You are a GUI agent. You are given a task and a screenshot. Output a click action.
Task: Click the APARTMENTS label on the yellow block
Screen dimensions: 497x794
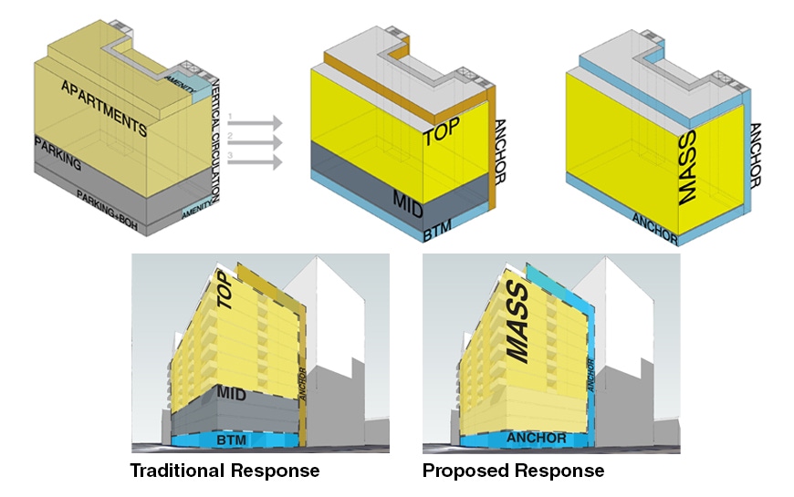pos(104,104)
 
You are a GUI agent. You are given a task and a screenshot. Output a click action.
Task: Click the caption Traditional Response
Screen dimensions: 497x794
pos(225,471)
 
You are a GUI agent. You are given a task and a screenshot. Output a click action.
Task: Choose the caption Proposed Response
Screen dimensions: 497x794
pos(513,471)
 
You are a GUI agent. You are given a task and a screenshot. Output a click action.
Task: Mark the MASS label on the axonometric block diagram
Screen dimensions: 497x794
pos(691,182)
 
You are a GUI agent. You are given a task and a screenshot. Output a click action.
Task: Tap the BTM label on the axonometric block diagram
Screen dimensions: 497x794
pos(441,234)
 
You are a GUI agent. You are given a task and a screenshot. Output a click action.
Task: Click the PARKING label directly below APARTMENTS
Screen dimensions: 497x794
pos(57,155)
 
